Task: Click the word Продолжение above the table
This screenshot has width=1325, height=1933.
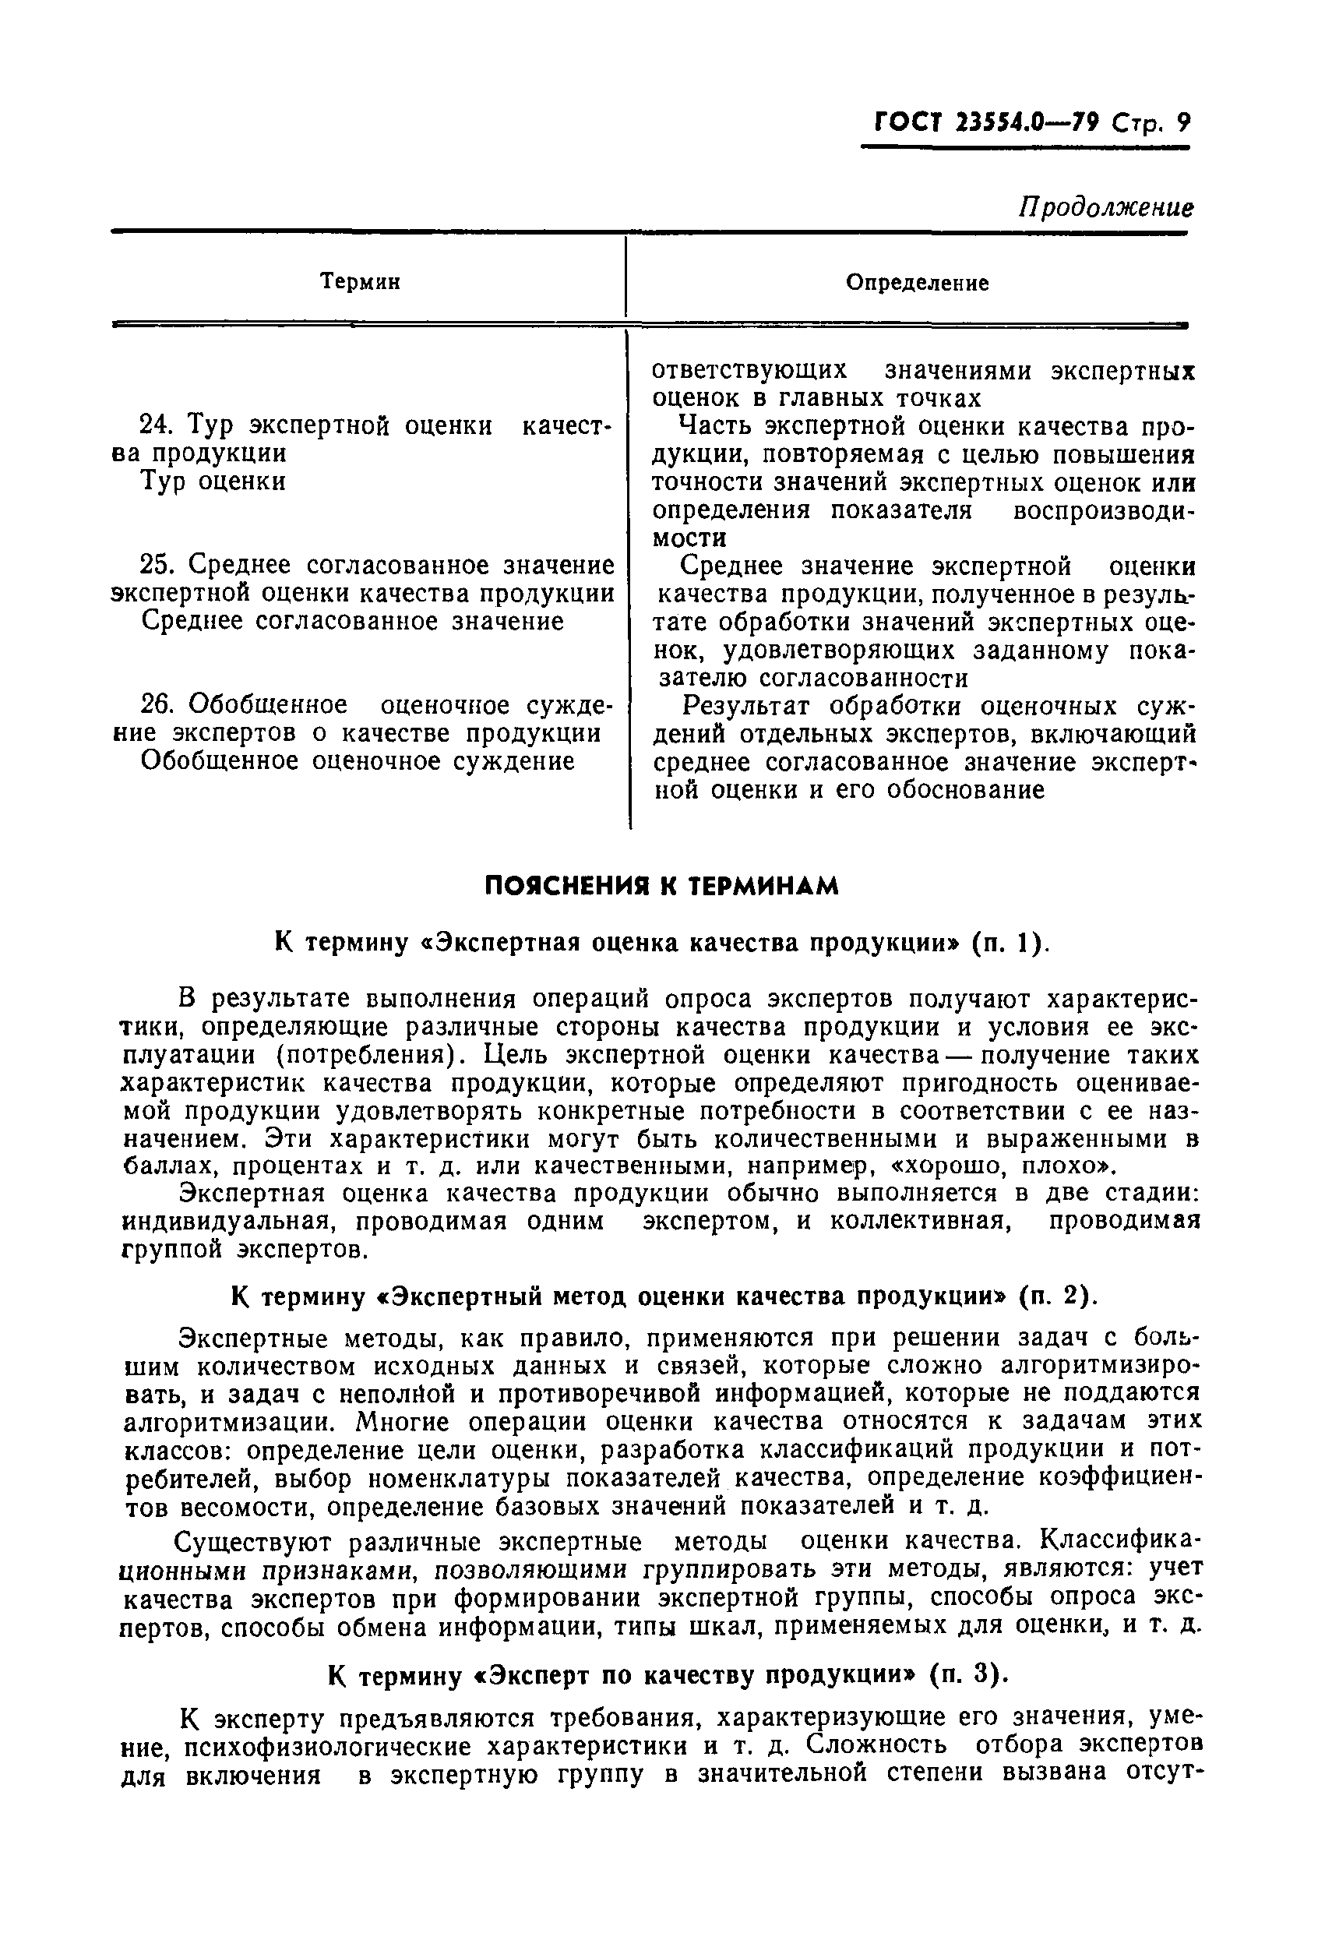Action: coord(1105,207)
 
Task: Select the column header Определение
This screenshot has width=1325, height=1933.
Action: coord(918,283)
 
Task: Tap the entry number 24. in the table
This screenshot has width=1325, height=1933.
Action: coord(155,425)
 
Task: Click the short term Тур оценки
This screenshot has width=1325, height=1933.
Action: coord(213,481)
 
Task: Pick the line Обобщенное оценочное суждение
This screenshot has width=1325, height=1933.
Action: coord(358,760)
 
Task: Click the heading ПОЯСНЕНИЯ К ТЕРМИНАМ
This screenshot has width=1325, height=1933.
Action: coord(661,887)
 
